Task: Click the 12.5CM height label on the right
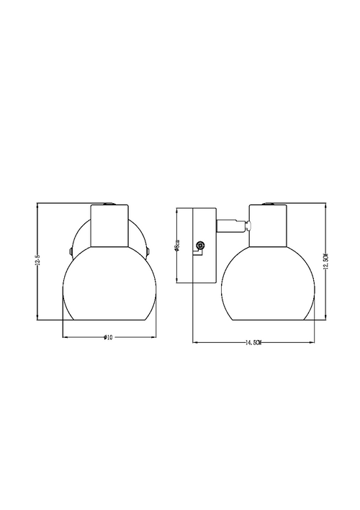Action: pos(325,262)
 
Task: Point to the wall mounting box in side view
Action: pos(204,246)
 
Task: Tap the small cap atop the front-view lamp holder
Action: pos(109,204)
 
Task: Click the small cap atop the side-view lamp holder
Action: pos(267,204)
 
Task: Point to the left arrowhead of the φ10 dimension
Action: pos(66,337)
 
